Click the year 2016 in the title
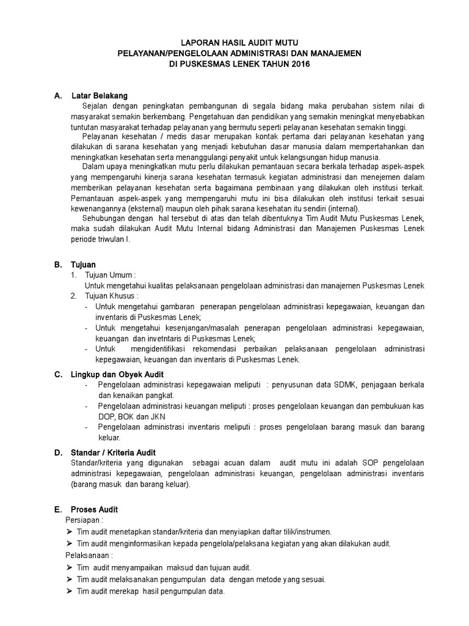291,64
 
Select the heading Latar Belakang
100,96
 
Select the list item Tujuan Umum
109,275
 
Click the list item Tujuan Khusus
112,296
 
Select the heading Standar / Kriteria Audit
114,452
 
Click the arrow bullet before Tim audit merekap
68,591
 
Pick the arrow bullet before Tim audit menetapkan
68,532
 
